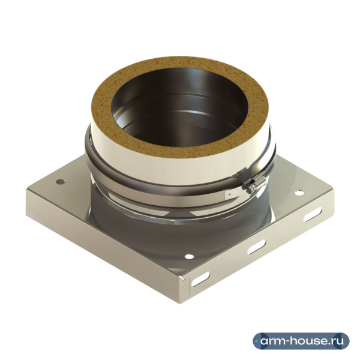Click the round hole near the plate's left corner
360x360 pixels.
point(61,182)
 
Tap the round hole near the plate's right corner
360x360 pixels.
point(299,193)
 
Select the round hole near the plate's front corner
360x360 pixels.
point(189,256)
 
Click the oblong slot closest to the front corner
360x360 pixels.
point(200,279)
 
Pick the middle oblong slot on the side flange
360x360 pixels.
point(256,247)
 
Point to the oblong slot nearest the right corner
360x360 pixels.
point(313,214)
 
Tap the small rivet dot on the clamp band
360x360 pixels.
point(229,193)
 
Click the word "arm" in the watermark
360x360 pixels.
point(274,341)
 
